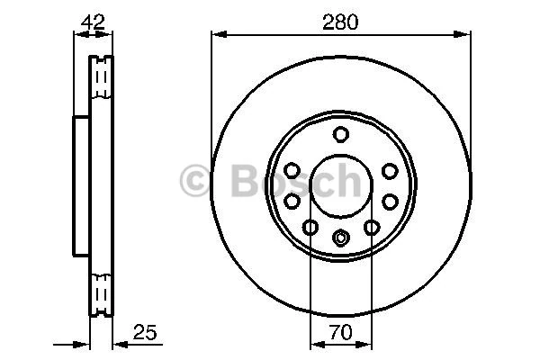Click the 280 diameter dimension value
pyautogui.click(x=341, y=22)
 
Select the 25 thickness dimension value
pyautogui.click(x=145, y=333)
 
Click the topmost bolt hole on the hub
pyautogui.click(x=340, y=135)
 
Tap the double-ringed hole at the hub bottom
pyautogui.click(x=340, y=238)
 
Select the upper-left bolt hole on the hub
pyautogui.click(x=292, y=170)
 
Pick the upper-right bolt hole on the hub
pyautogui.click(x=389, y=170)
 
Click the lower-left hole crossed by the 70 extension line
pyautogui.click(x=310, y=228)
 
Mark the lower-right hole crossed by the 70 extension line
pyautogui.click(x=371, y=228)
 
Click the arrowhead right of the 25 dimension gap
pyautogui.click(x=117, y=344)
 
